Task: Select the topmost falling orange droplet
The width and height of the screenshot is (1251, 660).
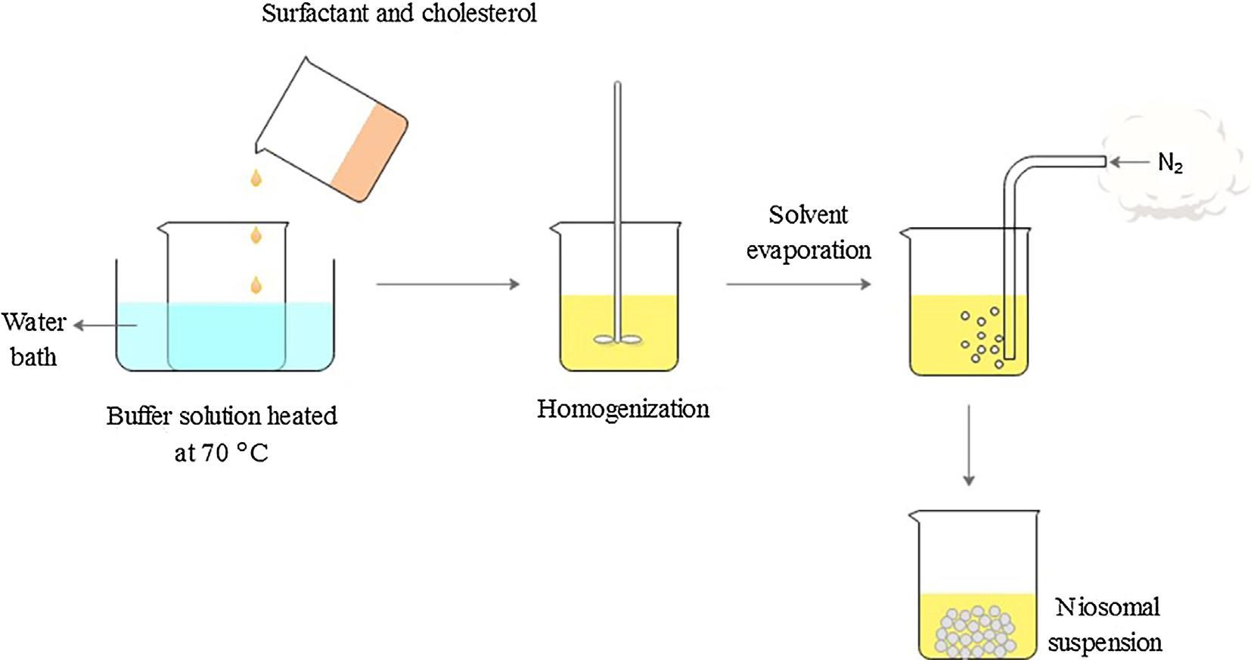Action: [256, 178]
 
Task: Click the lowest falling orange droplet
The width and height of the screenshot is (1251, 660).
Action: [256, 285]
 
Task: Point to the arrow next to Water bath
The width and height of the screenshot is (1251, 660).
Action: [105, 325]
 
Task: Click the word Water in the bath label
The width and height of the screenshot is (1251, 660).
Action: [34, 322]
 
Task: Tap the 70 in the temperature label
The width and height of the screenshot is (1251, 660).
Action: [215, 453]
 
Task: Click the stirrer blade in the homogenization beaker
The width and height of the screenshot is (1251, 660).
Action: [618, 340]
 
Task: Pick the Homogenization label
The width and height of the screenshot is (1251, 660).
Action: [623, 409]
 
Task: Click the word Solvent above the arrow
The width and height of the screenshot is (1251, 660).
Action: [808, 215]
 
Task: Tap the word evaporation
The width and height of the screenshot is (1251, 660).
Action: [809, 250]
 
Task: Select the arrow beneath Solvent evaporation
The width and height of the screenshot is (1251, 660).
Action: [798, 284]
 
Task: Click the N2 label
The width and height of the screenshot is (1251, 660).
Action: [1169, 163]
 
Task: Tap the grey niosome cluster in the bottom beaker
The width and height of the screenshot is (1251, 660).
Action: [976, 631]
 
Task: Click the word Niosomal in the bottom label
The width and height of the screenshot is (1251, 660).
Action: [1107, 607]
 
